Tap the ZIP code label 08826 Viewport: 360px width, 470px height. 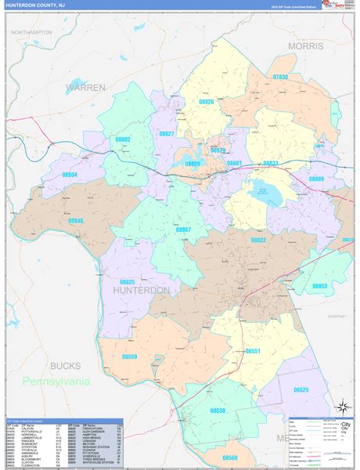point(207,103)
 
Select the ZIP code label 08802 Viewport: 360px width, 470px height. point(122,139)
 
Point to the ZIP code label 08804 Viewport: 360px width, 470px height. point(70,175)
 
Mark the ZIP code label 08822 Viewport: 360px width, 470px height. point(258,240)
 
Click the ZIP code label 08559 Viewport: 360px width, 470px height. point(129,357)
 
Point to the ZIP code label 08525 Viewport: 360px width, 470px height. point(301,389)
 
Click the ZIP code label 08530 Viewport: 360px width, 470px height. point(218,410)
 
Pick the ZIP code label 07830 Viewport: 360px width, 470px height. point(280,77)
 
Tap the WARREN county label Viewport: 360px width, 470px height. point(85,87)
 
